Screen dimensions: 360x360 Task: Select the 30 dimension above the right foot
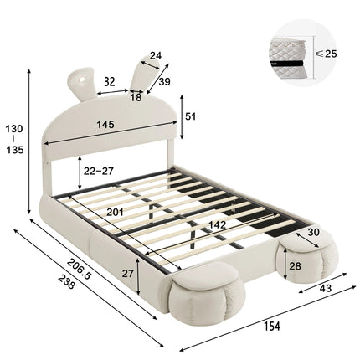(x=313, y=233)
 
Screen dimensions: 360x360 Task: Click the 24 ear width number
(x=156, y=57)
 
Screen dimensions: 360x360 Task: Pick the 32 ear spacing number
(x=110, y=82)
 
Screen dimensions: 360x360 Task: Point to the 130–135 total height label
(x=14, y=140)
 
